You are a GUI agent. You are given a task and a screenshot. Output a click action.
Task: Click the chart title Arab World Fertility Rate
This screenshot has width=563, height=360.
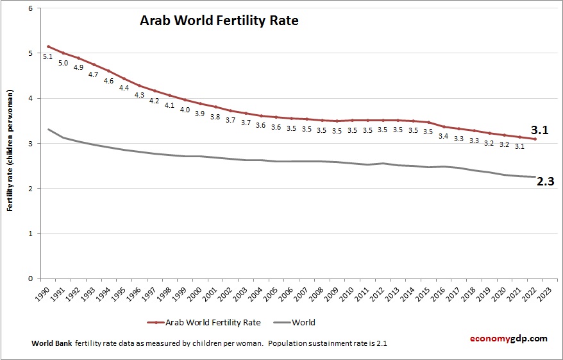click(x=219, y=21)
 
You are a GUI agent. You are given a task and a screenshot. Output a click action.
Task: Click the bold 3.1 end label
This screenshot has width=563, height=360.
click(x=540, y=130)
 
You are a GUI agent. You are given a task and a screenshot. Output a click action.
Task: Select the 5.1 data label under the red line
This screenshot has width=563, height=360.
click(x=48, y=57)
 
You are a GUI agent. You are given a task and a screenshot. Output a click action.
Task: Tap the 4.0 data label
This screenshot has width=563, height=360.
click(x=185, y=110)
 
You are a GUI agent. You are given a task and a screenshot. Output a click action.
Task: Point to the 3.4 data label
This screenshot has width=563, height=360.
click(x=443, y=136)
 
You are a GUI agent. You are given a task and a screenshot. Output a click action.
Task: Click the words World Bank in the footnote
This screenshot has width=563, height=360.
click(x=52, y=344)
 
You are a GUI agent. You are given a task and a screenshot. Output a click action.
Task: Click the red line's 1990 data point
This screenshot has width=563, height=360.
click(x=48, y=46)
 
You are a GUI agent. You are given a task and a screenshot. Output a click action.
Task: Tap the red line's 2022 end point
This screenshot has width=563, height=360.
click(x=535, y=139)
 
